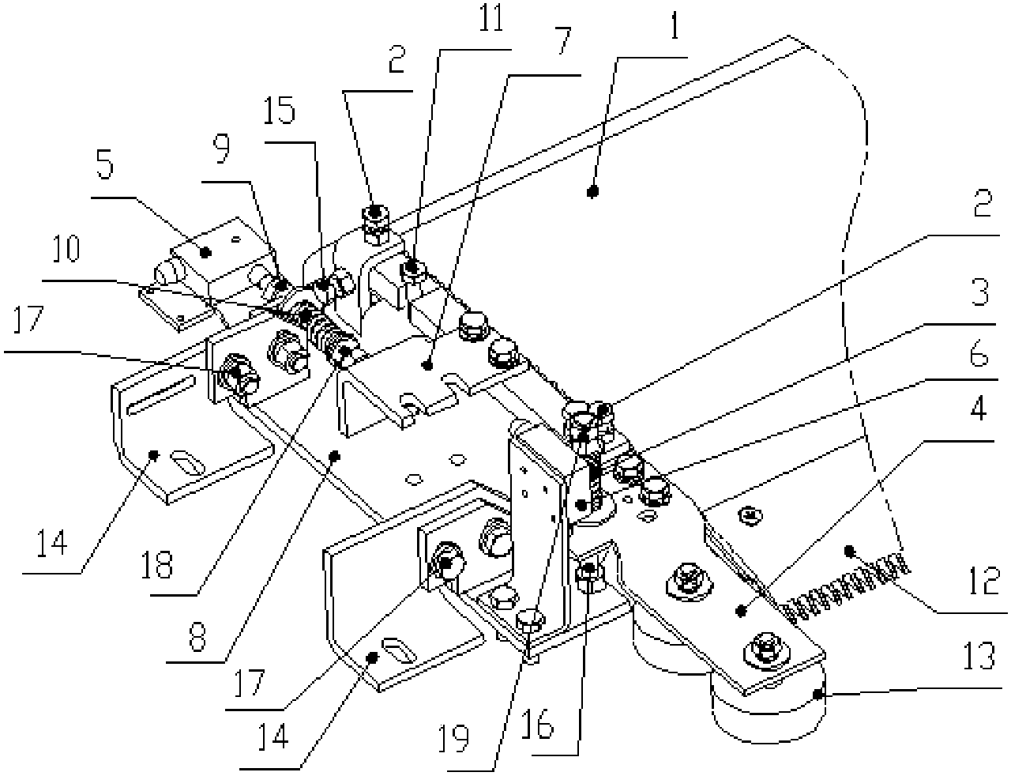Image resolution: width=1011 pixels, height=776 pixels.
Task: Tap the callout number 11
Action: [490, 17]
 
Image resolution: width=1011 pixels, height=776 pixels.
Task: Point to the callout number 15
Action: [279, 110]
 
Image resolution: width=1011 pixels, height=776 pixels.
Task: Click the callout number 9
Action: [221, 149]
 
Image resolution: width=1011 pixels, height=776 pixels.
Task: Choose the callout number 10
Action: [66, 248]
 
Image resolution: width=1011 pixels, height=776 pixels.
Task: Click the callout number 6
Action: [979, 354]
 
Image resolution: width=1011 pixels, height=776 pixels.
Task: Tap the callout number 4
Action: [978, 408]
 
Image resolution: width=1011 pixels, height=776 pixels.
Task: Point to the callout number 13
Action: [979, 655]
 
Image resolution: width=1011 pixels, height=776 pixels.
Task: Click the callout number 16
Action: [538, 724]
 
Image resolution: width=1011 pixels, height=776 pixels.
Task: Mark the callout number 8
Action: [197, 637]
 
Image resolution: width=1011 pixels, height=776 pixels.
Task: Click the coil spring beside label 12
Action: [846, 587]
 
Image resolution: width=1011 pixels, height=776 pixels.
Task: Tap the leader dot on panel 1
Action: [592, 191]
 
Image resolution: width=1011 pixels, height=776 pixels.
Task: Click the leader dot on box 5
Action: [205, 252]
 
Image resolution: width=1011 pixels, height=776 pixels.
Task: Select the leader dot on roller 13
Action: [817, 694]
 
